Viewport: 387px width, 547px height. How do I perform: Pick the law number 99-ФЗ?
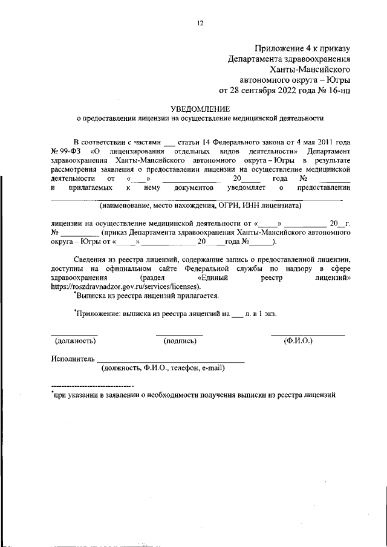click(x=70, y=150)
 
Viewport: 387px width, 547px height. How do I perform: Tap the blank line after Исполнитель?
click(x=171, y=361)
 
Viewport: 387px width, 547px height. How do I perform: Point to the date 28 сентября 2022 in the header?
click(x=266, y=91)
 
